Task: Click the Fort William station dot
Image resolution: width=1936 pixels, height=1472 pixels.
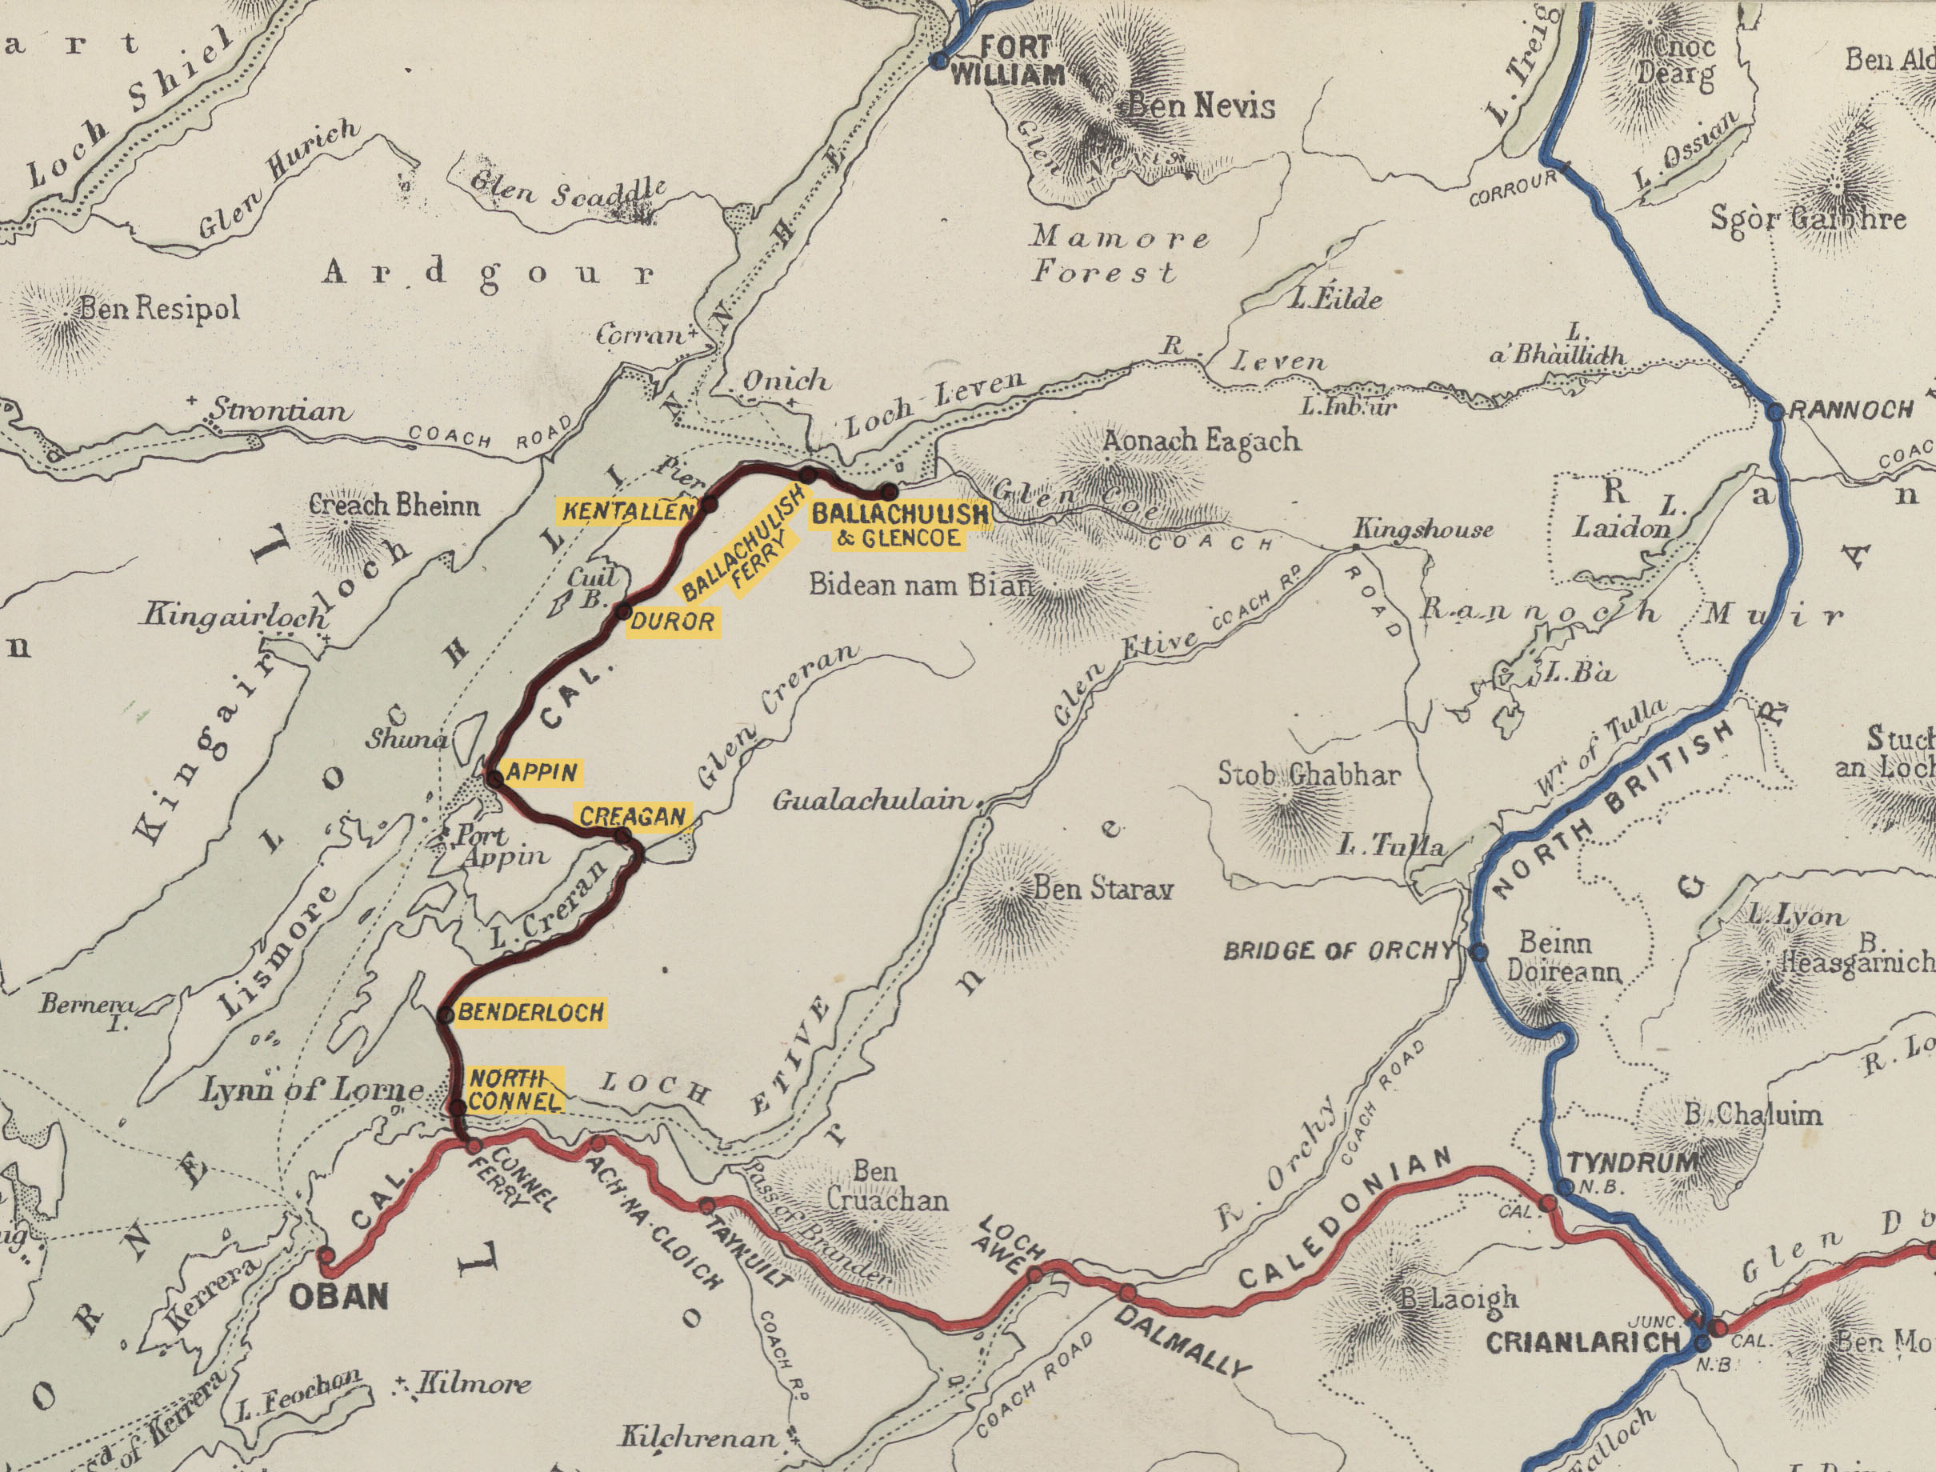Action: (938, 62)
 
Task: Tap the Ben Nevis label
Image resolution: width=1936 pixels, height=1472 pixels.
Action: (1199, 106)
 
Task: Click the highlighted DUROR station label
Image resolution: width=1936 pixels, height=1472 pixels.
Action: (673, 622)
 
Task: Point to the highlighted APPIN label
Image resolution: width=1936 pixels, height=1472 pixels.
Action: (542, 772)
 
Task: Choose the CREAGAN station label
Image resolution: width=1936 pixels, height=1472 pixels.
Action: (633, 817)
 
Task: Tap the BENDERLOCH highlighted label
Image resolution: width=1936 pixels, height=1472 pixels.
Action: (531, 1013)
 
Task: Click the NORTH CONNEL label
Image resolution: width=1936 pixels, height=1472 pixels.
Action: (514, 1089)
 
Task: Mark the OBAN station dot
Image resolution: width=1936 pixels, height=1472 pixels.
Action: (326, 1255)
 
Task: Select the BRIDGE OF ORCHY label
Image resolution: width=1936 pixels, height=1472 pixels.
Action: (1338, 950)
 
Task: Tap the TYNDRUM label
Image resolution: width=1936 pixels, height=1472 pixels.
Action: (1631, 1163)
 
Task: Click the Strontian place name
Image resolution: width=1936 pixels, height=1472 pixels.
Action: (279, 410)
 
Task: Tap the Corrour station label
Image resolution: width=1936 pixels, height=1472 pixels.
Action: (1512, 188)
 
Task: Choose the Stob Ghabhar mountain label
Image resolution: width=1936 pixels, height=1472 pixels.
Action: (1309, 774)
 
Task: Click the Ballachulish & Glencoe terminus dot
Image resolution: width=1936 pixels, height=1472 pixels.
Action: (889, 490)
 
